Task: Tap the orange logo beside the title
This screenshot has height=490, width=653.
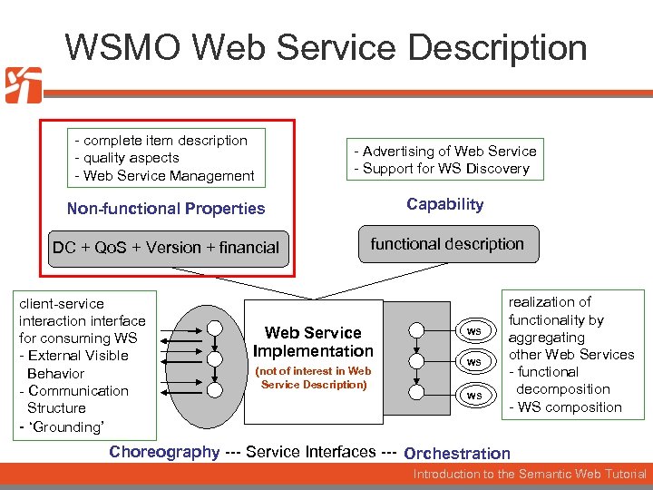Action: click(x=23, y=85)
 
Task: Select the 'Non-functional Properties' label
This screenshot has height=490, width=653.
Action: click(x=166, y=209)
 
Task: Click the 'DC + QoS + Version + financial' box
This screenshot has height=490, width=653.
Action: click(x=166, y=248)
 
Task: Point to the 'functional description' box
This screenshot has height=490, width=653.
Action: click(x=447, y=244)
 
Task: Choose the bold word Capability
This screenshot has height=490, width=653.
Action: click(x=444, y=204)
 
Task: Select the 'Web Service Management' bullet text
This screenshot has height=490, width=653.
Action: click(x=168, y=175)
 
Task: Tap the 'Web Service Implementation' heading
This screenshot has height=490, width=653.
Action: click(x=313, y=342)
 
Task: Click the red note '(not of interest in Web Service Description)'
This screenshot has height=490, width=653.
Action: click(x=313, y=377)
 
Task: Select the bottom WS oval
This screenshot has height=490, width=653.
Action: click(x=473, y=396)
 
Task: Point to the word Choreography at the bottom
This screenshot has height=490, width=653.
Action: click(x=164, y=452)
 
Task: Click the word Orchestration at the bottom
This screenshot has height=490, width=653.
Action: click(x=457, y=454)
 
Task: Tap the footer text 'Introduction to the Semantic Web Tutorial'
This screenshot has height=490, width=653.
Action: click(x=530, y=475)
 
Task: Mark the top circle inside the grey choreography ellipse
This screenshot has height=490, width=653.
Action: click(x=213, y=328)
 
